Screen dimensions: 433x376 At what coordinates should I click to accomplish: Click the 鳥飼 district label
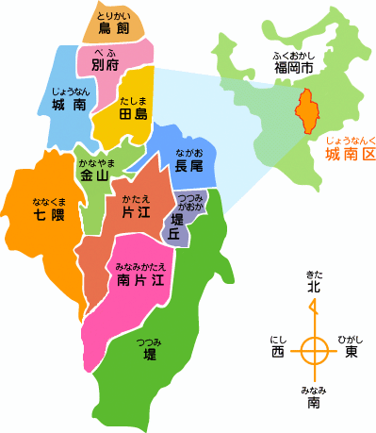pyautogui.click(x=114, y=29)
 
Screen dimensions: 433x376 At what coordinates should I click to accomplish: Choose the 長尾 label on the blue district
pyautogui.click(x=188, y=165)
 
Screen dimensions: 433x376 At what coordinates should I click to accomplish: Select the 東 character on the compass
pyautogui.click(x=351, y=352)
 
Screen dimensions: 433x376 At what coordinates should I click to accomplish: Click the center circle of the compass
pyautogui.click(x=314, y=352)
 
